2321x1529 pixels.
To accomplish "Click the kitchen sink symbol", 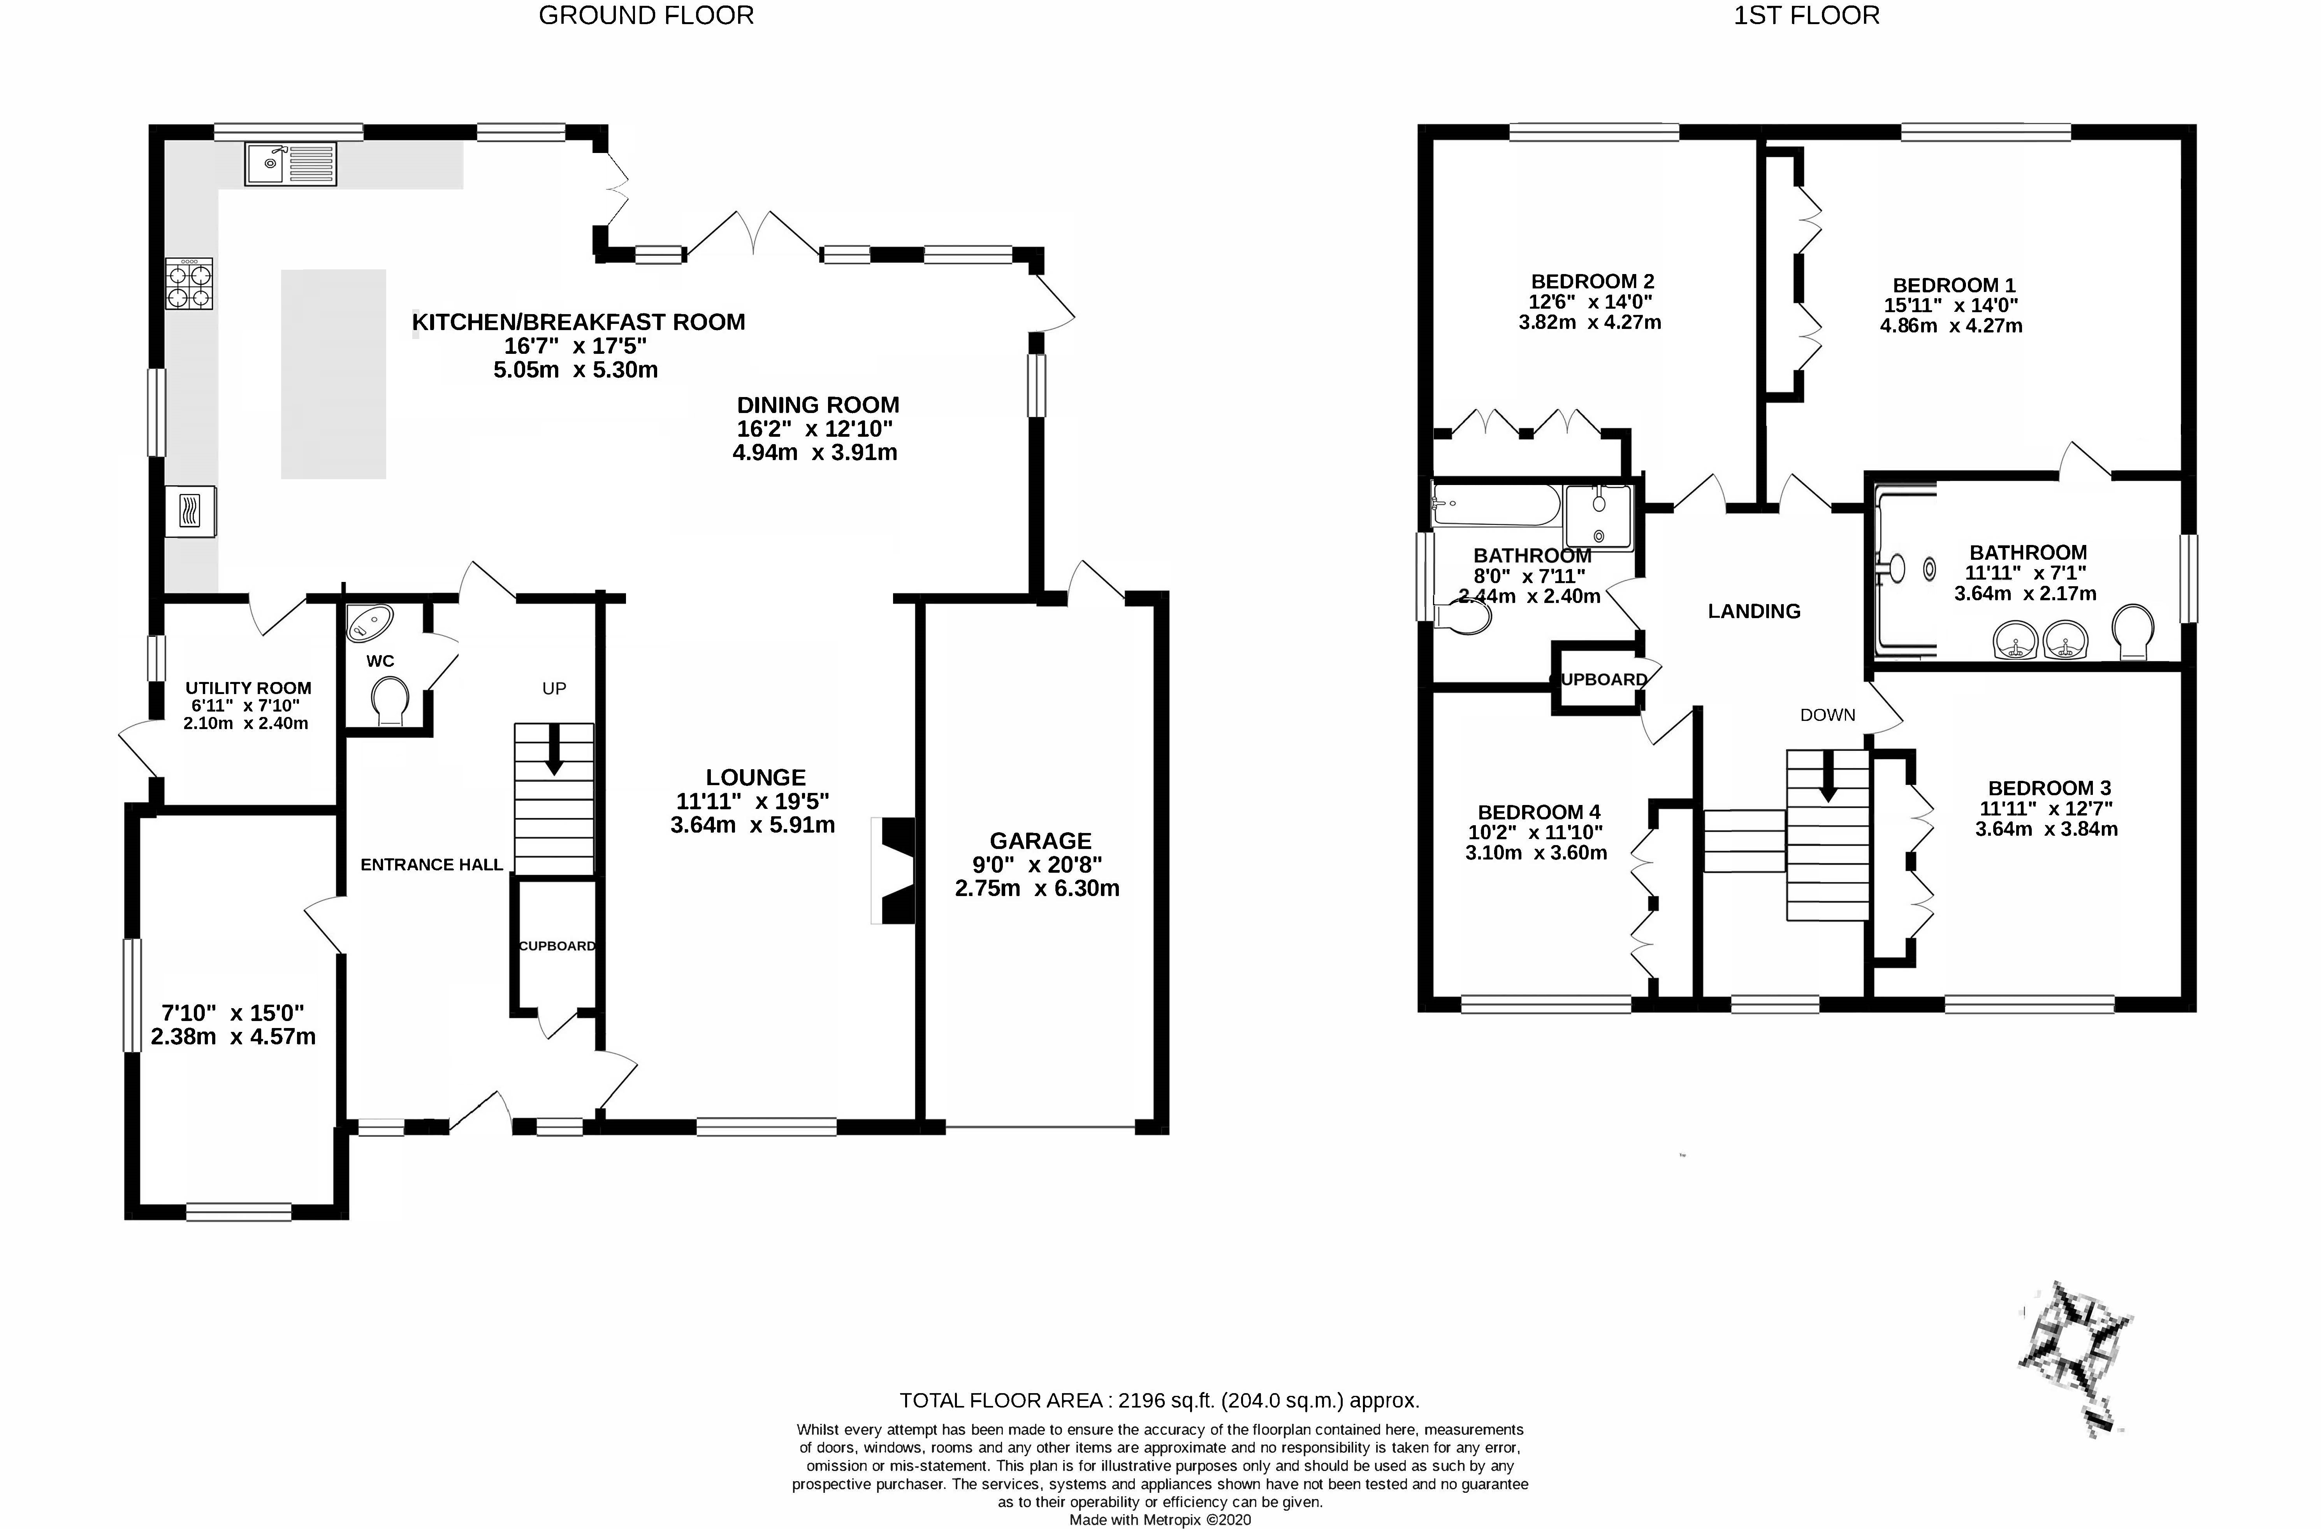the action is click(x=291, y=164).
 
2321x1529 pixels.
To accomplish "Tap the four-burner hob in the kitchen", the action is click(x=189, y=284).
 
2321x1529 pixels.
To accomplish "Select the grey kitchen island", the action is click(x=334, y=374).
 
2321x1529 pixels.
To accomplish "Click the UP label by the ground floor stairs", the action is click(x=554, y=689).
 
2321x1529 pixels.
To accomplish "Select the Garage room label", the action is click(x=1041, y=840).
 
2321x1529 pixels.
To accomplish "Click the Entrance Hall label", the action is click(x=432, y=865).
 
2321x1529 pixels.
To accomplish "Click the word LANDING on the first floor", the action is click(x=1753, y=612).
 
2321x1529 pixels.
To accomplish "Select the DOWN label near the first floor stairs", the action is click(x=1827, y=715).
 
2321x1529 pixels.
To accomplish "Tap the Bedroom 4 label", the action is click(x=1539, y=812).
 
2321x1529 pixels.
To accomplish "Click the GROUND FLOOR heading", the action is click(x=645, y=16).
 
